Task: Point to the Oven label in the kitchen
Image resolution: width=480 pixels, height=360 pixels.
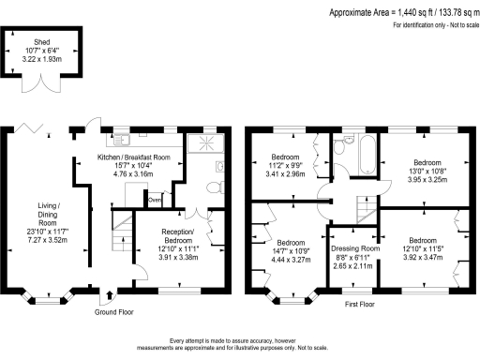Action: point(155,199)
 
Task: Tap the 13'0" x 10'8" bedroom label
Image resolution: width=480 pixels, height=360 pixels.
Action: point(427,169)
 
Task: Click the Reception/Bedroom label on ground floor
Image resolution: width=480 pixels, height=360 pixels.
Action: point(177,244)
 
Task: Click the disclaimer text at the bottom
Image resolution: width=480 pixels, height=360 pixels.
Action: point(241,344)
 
